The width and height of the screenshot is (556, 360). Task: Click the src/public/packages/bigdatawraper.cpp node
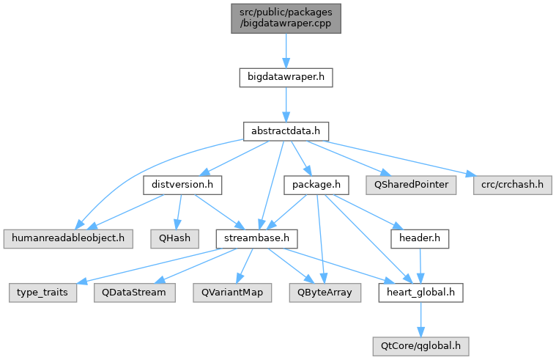pos(286,18)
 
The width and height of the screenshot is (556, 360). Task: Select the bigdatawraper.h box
pos(286,78)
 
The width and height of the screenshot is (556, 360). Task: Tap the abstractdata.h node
pos(286,131)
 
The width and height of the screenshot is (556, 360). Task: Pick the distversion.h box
pos(182,185)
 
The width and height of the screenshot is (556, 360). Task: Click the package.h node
pos(316,185)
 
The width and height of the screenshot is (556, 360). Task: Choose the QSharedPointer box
pos(411,185)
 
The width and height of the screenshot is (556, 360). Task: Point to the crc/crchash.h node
pos(512,185)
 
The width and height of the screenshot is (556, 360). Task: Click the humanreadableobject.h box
pos(68,238)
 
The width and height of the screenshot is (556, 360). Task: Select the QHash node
pos(174,238)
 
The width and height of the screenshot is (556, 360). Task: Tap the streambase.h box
pos(256,238)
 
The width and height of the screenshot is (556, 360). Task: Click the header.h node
pos(420,238)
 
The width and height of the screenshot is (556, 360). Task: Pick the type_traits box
pos(42,293)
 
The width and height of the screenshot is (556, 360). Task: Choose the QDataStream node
pos(134,293)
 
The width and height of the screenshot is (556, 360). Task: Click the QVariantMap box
pos(232,293)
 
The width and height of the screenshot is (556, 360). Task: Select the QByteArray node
pos(325,293)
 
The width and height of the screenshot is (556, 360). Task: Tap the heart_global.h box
pos(420,293)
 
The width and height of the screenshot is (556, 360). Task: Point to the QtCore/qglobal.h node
pos(420,347)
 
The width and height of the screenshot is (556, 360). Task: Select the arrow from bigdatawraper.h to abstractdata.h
pos(286,104)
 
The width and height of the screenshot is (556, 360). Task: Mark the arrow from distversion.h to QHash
pos(178,212)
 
